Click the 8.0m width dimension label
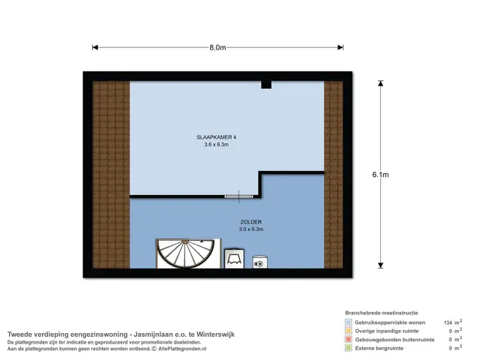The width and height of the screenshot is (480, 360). pos(217,47)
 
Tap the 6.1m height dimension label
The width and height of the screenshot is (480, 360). pos(380,175)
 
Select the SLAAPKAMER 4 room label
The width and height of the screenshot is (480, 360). pos(217,137)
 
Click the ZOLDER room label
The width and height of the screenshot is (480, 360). pos(251,222)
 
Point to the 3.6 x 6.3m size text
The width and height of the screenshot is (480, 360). pos(217,145)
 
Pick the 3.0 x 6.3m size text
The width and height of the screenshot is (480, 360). pos(251,229)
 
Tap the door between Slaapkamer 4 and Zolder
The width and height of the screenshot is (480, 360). pos(238,196)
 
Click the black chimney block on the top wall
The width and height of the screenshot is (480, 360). pos(266,85)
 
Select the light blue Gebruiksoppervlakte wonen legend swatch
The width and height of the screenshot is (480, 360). pos(348,322)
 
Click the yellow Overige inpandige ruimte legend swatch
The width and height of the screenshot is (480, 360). pos(348,331)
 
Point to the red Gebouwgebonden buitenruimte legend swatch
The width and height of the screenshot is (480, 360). pos(348,340)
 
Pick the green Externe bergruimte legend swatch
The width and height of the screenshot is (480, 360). pos(348,348)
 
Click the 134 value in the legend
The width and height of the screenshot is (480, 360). pos(448,322)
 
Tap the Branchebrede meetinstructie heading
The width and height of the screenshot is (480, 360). pos(382,313)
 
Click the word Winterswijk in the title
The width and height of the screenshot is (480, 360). pos(215,334)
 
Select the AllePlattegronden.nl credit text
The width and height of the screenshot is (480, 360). pos(182,349)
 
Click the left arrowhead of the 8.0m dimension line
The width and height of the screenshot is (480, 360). pos(95,47)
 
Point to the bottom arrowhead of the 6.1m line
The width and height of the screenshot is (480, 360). pos(380,265)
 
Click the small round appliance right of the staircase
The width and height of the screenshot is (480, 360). pos(260,262)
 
